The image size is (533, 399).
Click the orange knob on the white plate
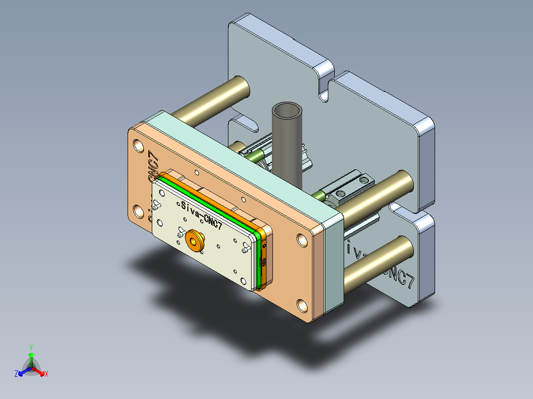point(193,241)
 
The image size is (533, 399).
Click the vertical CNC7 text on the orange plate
point(154,167)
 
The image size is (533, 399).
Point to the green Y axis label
point(31,347)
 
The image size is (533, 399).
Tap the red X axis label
point(46,374)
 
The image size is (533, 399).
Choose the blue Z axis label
point(16,374)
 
